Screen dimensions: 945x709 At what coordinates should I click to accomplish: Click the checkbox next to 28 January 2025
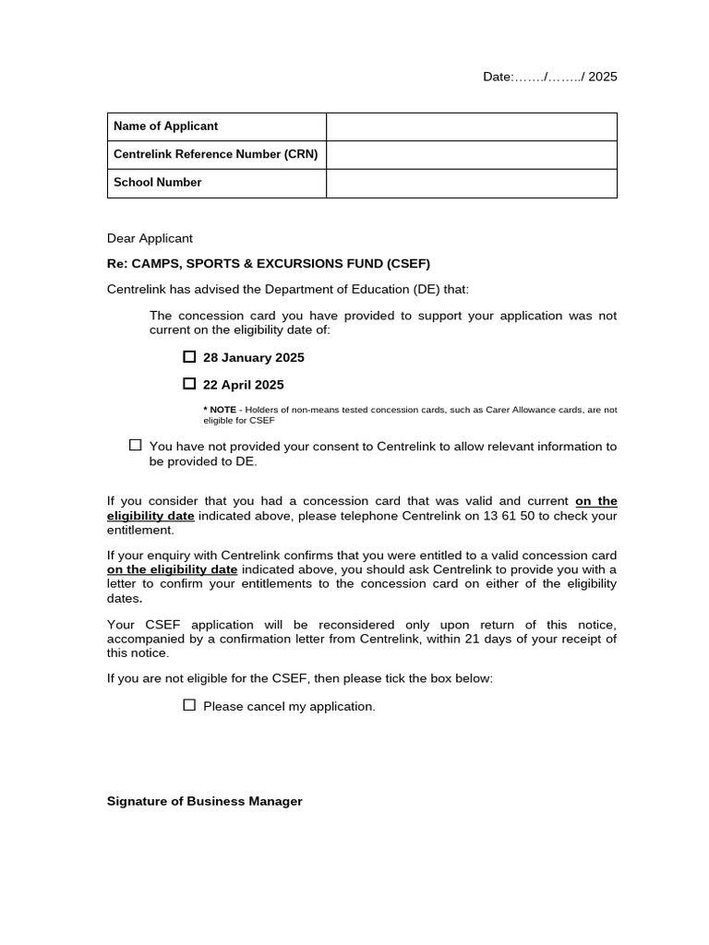[189, 357]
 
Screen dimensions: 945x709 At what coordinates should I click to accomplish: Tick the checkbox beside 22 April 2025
[189, 384]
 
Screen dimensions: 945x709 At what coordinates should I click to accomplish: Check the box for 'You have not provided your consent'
[136, 446]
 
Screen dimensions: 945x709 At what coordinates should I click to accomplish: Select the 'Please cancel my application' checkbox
[189, 705]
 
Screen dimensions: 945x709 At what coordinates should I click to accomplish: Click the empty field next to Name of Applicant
[471, 126]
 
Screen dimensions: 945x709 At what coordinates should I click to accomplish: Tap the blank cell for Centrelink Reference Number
[471, 155]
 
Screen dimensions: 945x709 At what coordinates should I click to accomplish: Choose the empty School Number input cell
[471, 183]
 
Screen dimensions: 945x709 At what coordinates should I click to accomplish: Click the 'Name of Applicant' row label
[165, 126]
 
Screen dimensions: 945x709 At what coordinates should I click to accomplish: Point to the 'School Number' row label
[157, 183]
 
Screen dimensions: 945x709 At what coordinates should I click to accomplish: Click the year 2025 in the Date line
[603, 77]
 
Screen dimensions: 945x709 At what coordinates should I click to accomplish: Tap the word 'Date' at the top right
[497, 77]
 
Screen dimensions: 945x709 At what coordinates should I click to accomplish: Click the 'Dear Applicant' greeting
[150, 238]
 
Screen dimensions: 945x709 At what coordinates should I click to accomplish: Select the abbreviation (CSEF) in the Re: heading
[409, 264]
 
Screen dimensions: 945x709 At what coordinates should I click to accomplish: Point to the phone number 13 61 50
[509, 516]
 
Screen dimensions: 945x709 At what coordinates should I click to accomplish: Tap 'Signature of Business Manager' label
[205, 801]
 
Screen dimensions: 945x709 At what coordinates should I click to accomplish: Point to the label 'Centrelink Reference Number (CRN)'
[215, 155]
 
